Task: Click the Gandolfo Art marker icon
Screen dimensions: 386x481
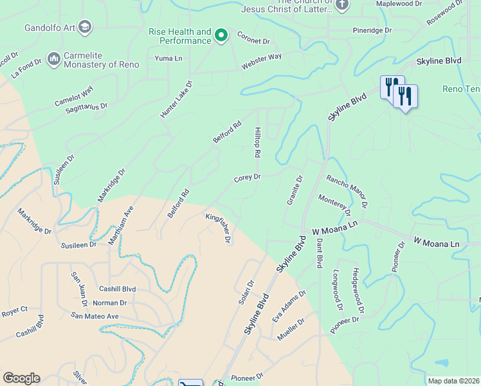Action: [x=86, y=27]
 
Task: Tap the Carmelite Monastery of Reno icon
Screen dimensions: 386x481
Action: [x=53, y=59]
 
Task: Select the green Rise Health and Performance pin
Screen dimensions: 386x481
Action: [x=221, y=35]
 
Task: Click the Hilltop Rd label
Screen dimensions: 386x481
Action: [x=257, y=142]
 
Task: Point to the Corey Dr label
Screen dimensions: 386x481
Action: [x=247, y=178]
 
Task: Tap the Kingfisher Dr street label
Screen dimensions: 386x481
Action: [x=218, y=228]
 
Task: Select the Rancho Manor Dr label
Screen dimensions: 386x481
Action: [x=347, y=191]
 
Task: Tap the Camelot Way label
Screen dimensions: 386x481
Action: [x=74, y=96]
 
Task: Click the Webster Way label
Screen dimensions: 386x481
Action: [x=262, y=62]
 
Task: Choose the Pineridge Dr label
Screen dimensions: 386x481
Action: [x=372, y=30]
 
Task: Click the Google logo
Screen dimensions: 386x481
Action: [x=21, y=378]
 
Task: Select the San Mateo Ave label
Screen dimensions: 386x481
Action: [x=95, y=316]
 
